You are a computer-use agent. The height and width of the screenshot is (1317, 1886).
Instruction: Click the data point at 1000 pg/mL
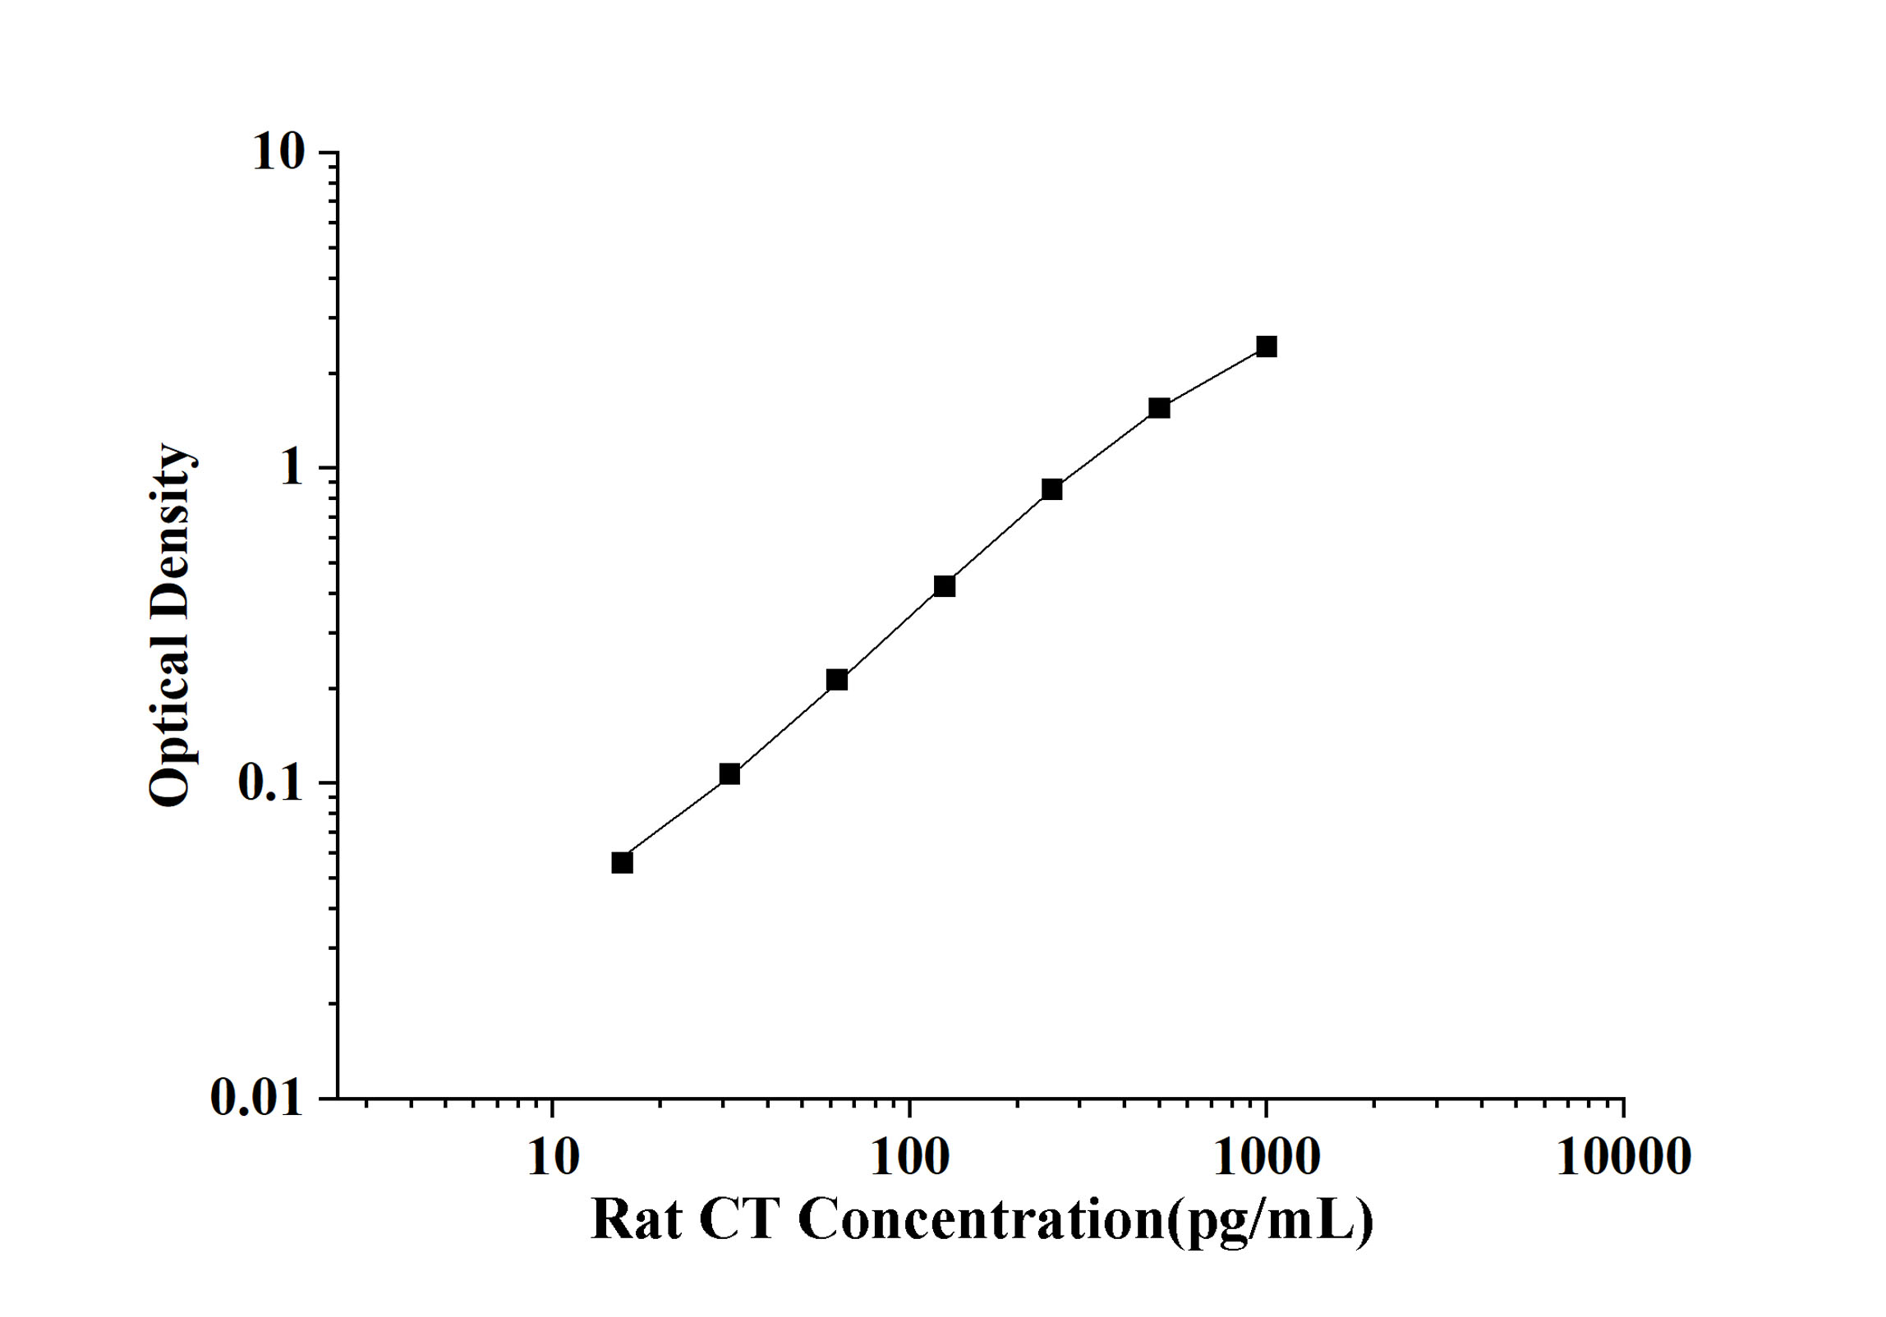pyautogui.click(x=1267, y=346)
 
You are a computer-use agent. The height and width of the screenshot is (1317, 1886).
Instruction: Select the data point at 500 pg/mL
pyautogui.click(x=1159, y=408)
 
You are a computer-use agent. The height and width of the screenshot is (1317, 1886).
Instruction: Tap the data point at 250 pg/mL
pyautogui.click(x=1052, y=489)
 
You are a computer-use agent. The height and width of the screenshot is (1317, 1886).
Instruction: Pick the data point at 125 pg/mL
pyautogui.click(x=945, y=586)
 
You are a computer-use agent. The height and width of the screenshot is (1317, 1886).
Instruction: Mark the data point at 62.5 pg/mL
pyautogui.click(x=837, y=680)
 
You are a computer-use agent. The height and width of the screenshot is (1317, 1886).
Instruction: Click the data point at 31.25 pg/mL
pyautogui.click(x=729, y=774)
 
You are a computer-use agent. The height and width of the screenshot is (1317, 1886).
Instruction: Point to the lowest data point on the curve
pyautogui.click(x=623, y=863)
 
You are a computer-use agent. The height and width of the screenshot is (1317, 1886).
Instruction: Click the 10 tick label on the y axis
pyautogui.click(x=278, y=153)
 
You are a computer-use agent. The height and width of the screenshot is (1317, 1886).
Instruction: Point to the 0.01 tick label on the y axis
pyautogui.click(x=256, y=1097)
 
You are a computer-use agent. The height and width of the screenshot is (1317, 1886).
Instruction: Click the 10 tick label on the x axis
pyautogui.click(x=553, y=1158)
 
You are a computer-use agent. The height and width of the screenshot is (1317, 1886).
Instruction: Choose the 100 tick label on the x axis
pyautogui.click(x=910, y=1158)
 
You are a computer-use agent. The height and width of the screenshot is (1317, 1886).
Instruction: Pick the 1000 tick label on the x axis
pyautogui.click(x=1267, y=1158)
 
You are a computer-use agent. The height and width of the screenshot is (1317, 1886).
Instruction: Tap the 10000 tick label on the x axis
pyautogui.click(x=1623, y=1158)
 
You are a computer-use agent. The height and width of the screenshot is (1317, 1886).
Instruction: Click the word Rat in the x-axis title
pyautogui.click(x=636, y=1221)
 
